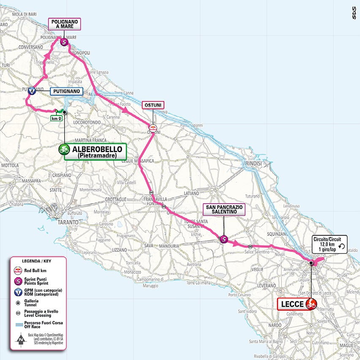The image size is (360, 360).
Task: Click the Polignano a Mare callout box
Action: tap(64, 23)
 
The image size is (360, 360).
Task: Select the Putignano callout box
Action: tap(66, 91)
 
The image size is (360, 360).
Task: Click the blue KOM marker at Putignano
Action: tap(32, 91)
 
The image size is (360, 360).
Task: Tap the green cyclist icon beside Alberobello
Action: tap(65, 149)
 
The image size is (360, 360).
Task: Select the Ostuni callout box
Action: tap(153, 105)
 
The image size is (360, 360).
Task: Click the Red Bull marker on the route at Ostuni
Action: tap(153, 128)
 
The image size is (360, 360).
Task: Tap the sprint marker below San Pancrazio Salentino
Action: tap(224, 239)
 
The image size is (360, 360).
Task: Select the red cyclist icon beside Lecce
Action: tap(311, 304)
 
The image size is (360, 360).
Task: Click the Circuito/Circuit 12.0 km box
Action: tap(330, 244)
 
